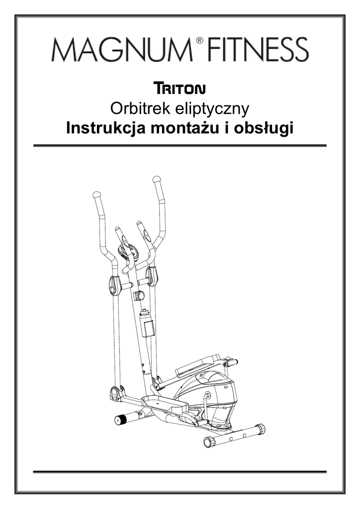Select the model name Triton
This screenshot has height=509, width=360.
(180, 89)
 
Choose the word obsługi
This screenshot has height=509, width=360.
(264, 129)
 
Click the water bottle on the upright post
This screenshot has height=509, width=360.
(147, 324)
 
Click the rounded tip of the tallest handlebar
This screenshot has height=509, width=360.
(157, 178)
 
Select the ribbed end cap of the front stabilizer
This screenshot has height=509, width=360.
(121, 420)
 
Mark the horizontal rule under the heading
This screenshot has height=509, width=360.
(180, 146)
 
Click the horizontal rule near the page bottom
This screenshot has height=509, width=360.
(180, 471)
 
